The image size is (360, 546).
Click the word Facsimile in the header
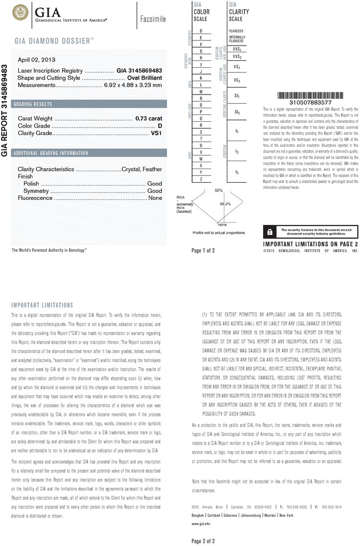[152, 19]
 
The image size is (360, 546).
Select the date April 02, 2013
[37, 60]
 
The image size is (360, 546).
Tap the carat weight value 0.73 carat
[149, 118]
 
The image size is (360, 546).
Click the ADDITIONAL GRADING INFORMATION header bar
[51, 153]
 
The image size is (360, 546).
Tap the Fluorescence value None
[155, 198]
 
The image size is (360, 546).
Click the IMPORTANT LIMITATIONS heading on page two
[43, 305]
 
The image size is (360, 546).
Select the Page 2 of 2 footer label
[203, 541]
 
